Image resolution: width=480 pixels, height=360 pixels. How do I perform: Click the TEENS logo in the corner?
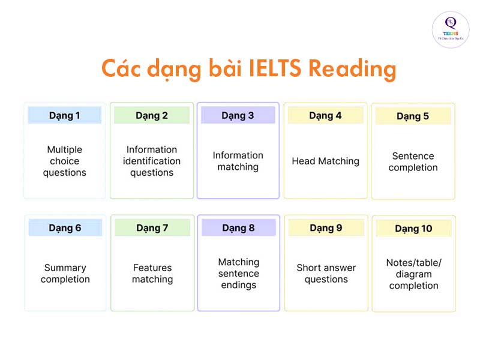(x=451, y=29)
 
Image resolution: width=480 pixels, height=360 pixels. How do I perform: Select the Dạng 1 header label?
(x=65, y=115)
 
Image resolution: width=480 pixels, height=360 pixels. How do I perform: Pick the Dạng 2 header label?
(x=152, y=115)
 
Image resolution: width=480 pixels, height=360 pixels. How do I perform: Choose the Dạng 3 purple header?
(x=238, y=115)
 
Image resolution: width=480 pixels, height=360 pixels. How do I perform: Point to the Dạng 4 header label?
(x=325, y=115)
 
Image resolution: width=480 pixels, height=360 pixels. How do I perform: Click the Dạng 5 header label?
(x=413, y=116)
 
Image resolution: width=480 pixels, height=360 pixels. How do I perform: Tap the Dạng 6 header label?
(x=65, y=227)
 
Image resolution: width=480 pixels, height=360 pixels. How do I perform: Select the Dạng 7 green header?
(x=152, y=227)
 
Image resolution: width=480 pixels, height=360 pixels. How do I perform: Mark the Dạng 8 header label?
(x=238, y=227)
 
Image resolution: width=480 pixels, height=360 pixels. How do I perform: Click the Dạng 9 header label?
(x=326, y=227)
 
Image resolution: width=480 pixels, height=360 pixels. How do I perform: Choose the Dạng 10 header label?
(x=413, y=229)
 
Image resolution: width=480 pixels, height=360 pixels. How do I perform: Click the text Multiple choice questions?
(x=65, y=161)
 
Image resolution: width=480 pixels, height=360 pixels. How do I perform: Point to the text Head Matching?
(x=325, y=161)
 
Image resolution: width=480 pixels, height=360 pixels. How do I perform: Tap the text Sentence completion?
(x=413, y=161)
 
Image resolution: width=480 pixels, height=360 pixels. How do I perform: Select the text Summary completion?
(x=65, y=274)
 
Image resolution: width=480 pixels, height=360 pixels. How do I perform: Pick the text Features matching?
(x=152, y=274)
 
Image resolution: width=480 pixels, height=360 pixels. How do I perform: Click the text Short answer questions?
(x=326, y=274)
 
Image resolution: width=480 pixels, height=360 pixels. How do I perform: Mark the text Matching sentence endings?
(x=238, y=274)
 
